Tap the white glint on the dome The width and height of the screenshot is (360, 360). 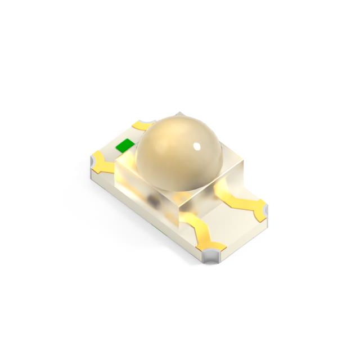(x=197, y=147)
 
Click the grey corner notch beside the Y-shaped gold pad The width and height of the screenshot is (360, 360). (x=94, y=163)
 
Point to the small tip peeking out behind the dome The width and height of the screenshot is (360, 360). (x=179, y=114)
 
